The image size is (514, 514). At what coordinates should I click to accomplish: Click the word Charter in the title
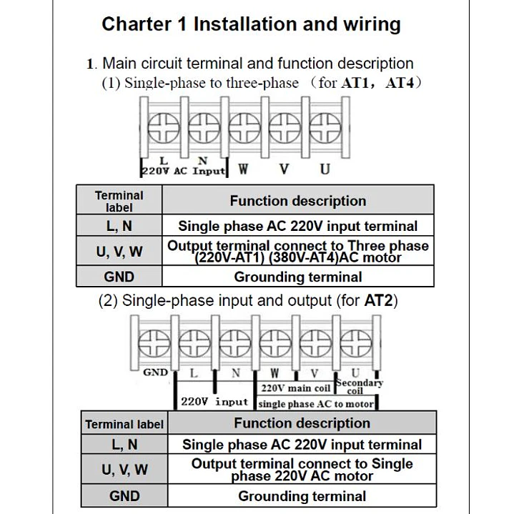(x=137, y=24)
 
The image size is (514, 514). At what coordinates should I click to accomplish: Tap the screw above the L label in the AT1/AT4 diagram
(x=163, y=129)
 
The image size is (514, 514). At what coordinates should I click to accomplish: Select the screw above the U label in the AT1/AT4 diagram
(x=325, y=129)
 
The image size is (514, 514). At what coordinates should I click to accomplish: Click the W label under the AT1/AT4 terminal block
(x=243, y=169)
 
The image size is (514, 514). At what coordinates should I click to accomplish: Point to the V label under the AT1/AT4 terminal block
(x=284, y=169)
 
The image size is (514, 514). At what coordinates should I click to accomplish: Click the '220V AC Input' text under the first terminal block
(x=184, y=171)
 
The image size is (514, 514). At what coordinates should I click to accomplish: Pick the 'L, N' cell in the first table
(x=119, y=226)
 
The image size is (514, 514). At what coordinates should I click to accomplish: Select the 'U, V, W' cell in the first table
(x=119, y=252)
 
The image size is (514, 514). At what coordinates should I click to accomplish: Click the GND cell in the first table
(x=119, y=277)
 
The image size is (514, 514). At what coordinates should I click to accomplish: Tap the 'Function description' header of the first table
(x=298, y=201)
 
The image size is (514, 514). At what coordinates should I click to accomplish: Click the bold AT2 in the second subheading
(x=379, y=300)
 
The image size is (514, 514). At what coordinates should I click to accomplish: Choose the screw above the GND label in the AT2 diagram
(x=154, y=343)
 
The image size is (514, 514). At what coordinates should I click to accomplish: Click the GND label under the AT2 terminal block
(x=155, y=372)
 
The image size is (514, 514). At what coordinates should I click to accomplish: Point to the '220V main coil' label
(x=295, y=388)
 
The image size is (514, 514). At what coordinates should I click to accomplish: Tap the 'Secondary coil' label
(x=360, y=387)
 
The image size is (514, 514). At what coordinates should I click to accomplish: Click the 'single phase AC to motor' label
(x=316, y=404)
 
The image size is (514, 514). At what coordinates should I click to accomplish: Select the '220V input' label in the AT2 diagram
(x=214, y=402)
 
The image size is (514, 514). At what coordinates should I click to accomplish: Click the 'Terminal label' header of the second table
(x=124, y=424)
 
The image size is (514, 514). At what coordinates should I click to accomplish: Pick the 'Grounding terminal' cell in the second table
(x=302, y=496)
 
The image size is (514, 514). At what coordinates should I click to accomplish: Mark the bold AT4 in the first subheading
(x=400, y=83)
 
